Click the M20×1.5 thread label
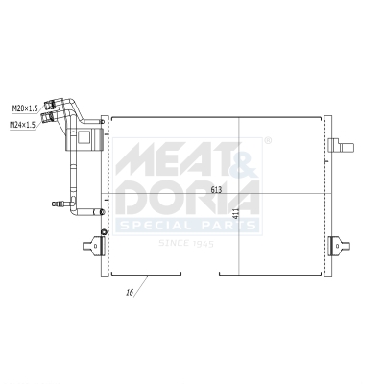(x=24, y=108)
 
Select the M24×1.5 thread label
(x=24, y=125)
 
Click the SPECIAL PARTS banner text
(x=187, y=226)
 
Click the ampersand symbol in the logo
(x=244, y=159)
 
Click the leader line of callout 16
(x=139, y=284)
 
